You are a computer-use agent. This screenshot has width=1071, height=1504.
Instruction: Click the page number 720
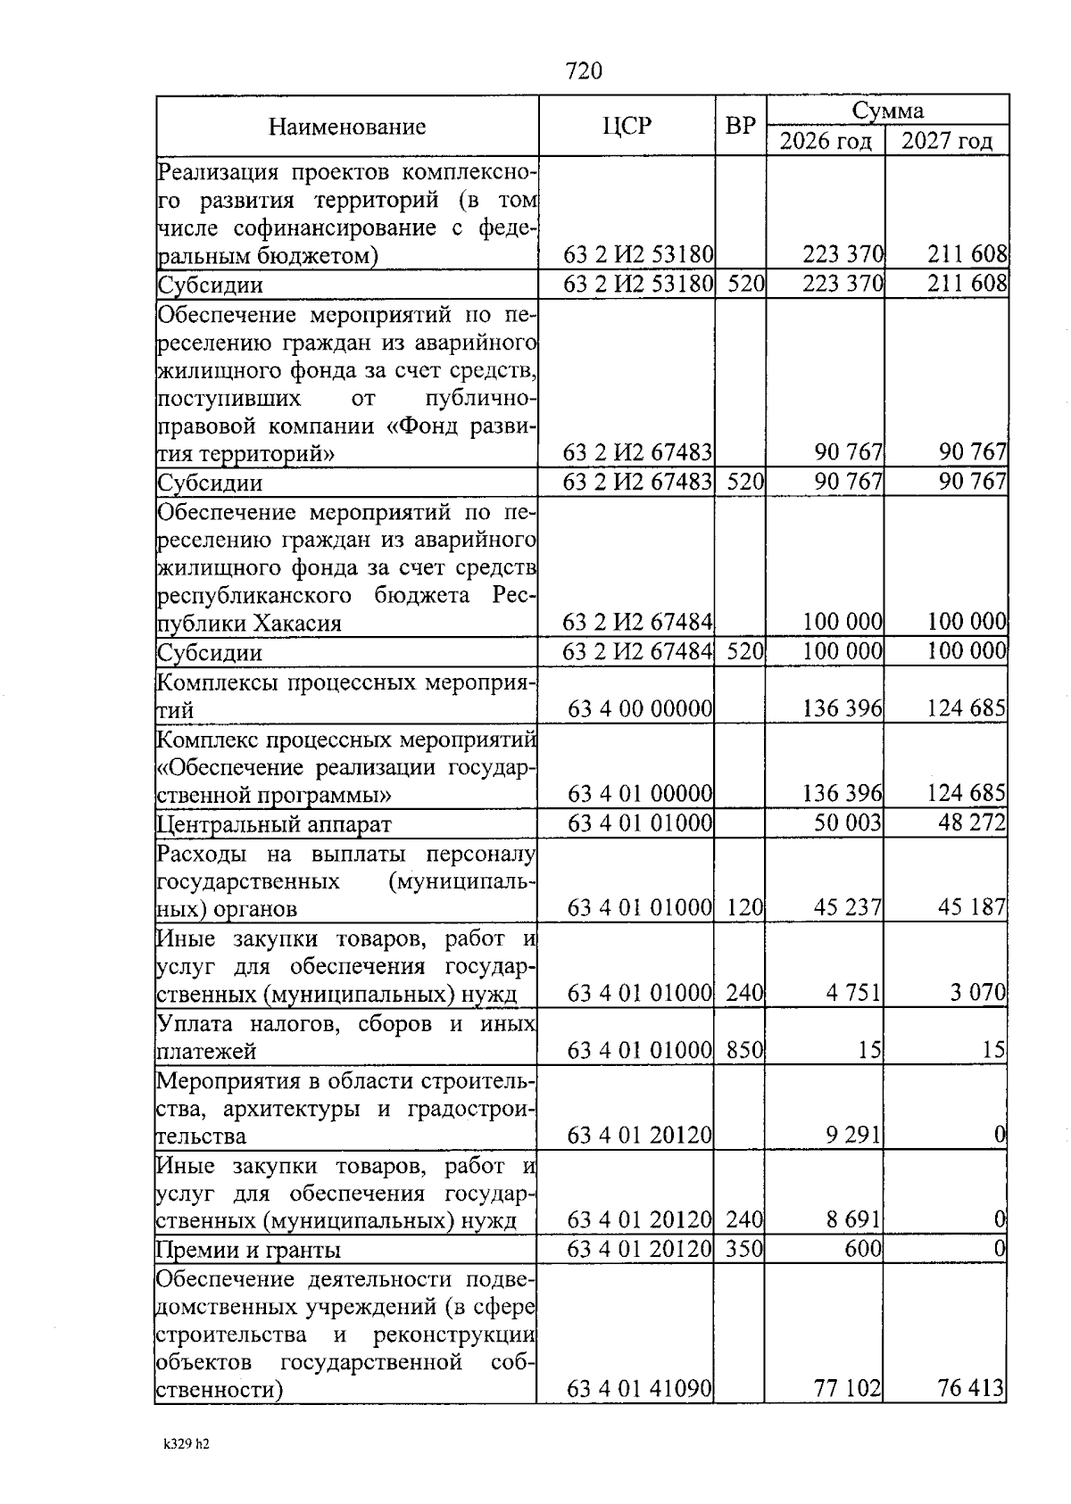click(x=584, y=71)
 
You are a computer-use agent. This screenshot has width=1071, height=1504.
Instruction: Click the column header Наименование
click(x=347, y=127)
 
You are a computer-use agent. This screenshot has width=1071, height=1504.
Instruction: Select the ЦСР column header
click(x=627, y=126)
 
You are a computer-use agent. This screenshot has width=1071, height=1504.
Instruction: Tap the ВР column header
click(x=740, y=126)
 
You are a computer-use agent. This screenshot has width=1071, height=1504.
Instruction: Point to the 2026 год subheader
click(x=826, y=141)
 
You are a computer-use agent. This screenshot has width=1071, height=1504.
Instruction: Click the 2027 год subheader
click(x=947, y=141)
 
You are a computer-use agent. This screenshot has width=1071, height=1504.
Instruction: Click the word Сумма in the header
click(x=887, y=111)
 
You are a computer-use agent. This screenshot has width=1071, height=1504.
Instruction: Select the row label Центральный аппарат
click(x=274, y=824)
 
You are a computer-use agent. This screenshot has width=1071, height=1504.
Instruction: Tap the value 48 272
click(x=971, y=822)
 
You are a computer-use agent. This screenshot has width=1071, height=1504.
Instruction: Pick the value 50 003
click(x=847, y=822)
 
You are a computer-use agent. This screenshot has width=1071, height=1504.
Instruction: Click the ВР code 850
click(x=744, y=1051)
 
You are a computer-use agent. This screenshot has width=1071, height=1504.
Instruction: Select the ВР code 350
click(x=744, y=1249)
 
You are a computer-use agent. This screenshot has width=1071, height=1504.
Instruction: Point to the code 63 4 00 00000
click(x=640, y=709)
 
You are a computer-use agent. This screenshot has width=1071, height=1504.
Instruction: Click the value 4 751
click(x=853, y=993)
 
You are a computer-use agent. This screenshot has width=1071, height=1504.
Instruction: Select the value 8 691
click(x=853, y=1219)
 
